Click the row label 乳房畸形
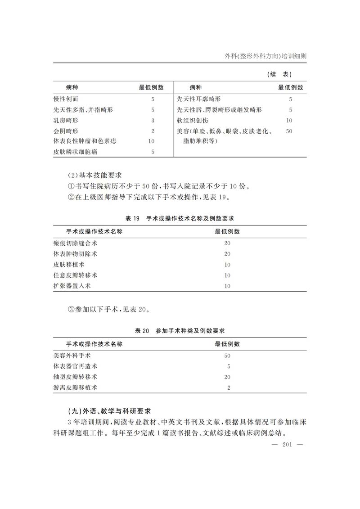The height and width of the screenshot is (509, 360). point(66,120)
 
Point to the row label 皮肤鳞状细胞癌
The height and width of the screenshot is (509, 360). point(75,152)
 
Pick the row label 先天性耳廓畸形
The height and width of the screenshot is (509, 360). point(199,99)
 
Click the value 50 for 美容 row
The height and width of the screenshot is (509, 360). point(289,131)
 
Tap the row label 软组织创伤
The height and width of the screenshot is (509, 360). point(193,120)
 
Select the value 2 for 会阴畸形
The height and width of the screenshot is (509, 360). point(153,131)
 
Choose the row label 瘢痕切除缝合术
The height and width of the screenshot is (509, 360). point(75,243)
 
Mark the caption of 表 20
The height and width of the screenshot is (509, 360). point(180,331)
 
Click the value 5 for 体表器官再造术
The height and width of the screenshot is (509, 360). point(229,366)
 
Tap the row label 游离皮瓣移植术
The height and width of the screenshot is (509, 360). point(75,387)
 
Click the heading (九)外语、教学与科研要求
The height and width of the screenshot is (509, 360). point(108,411)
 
